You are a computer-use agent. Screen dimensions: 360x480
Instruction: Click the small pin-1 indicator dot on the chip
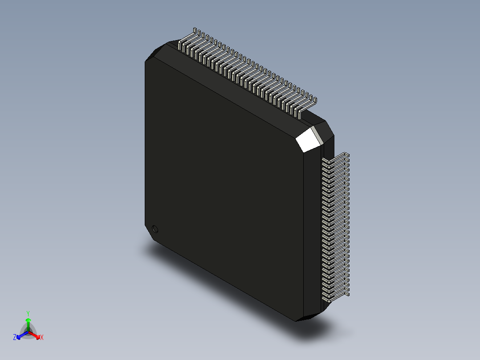[x=155, y=229]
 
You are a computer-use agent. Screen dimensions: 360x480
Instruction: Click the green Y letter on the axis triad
[x=28, y=313]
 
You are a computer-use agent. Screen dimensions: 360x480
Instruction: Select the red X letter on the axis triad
[x=42, y=338]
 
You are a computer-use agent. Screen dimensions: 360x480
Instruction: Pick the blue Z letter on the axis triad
[x=15, y=338]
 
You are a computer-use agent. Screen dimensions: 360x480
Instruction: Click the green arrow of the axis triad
[x=28, y=322]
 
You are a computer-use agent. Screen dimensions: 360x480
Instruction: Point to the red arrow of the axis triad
[x=36, y=335]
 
